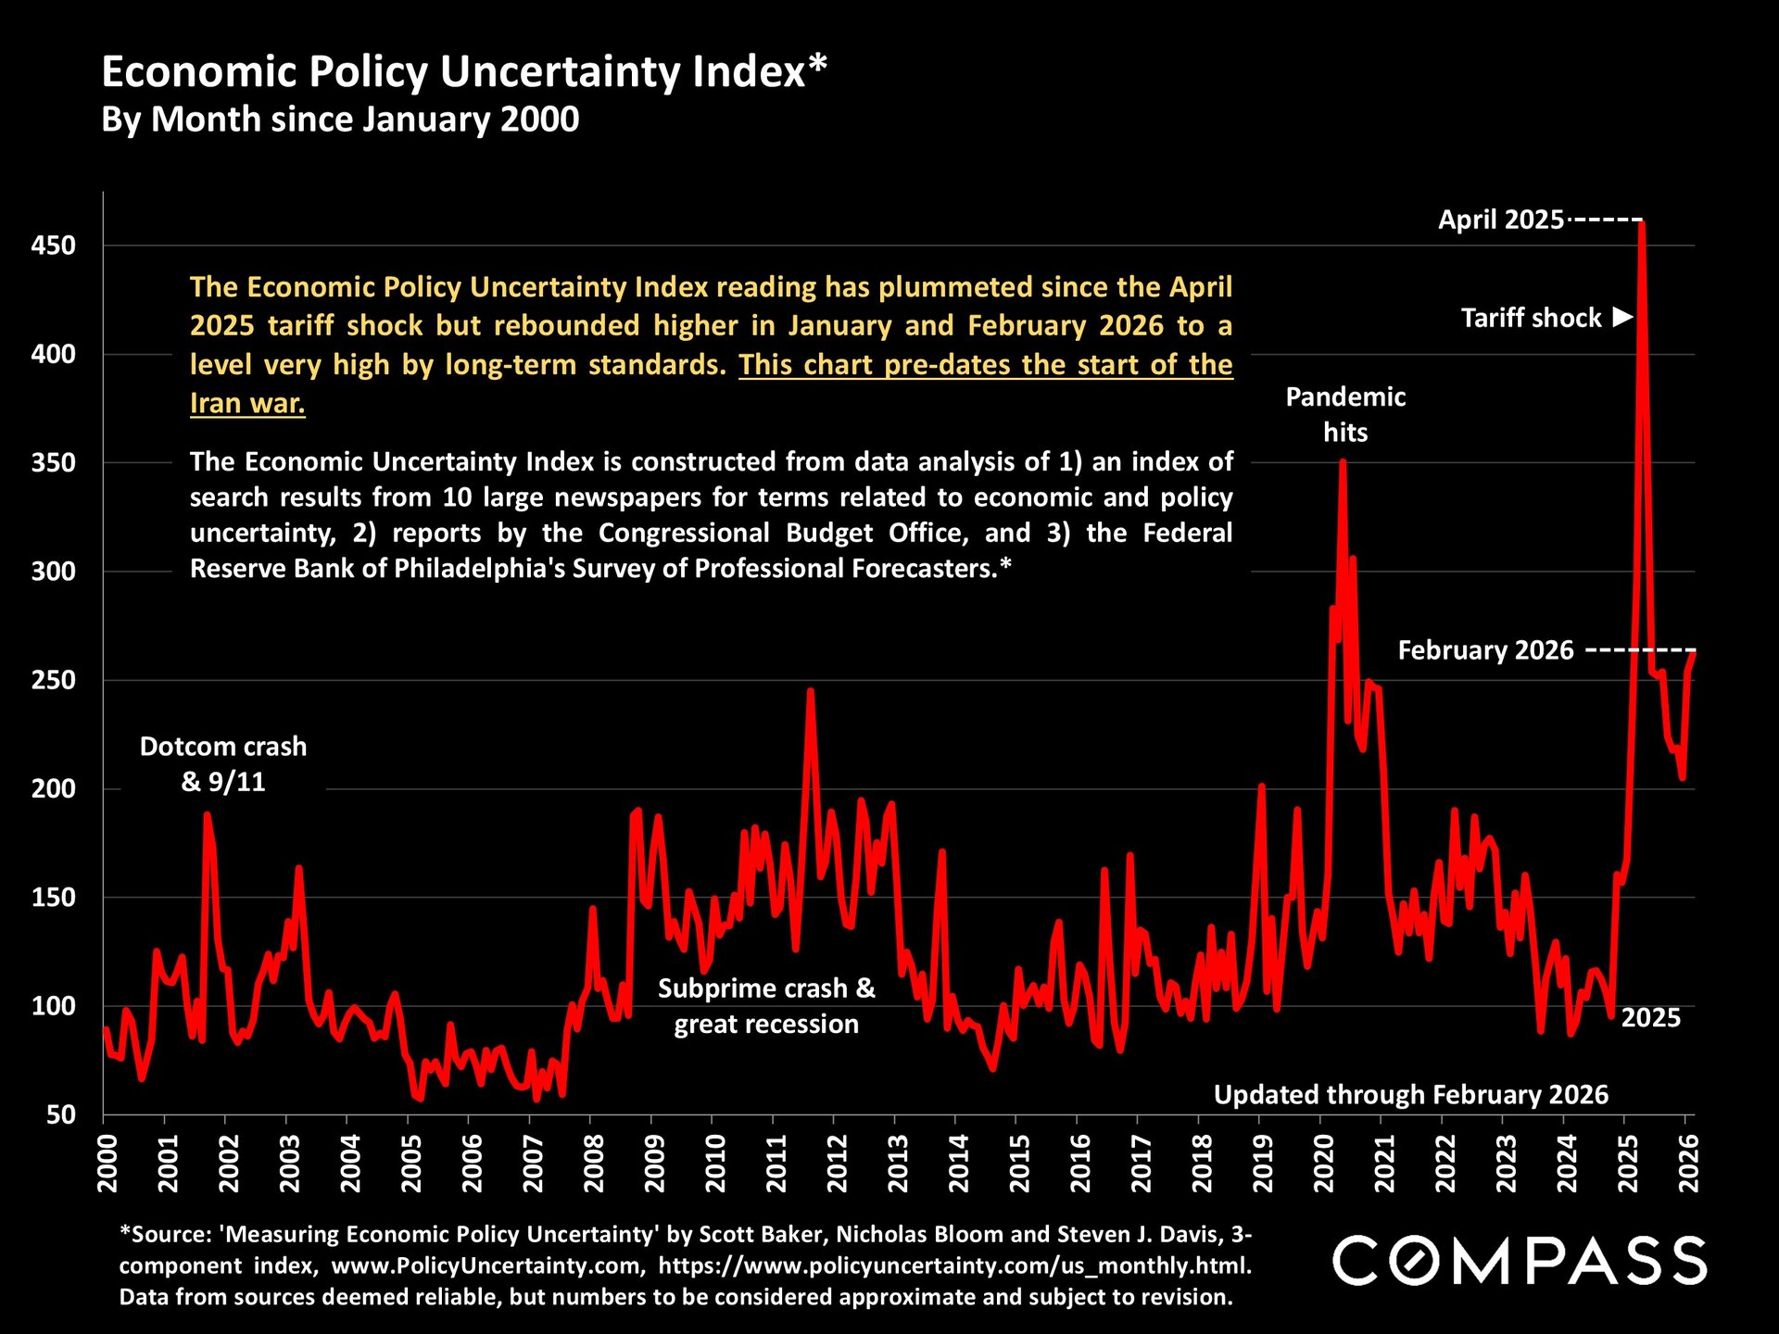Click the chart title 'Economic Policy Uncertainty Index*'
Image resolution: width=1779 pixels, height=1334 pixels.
[463, 71]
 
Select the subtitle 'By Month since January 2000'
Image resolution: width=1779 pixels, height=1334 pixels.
[340, 120]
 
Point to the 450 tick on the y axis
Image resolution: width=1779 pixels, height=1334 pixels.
[54, 245]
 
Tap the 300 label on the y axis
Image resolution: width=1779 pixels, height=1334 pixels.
[54, 571]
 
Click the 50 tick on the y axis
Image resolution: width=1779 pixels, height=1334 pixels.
[61, 1114]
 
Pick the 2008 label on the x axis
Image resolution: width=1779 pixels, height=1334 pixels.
[593, 1164]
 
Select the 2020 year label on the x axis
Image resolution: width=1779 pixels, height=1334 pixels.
[1323, 1164]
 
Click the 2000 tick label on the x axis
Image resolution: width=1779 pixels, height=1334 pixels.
[107, 1164]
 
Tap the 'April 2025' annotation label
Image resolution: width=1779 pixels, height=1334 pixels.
[1501, 220]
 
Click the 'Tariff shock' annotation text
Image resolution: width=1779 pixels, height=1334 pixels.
[1531, 318]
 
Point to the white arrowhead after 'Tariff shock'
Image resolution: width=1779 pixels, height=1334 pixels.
[1621, 317]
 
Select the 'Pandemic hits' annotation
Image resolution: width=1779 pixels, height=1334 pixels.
[1345, 414]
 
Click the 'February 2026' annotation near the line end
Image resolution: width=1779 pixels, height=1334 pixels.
[1485, 650]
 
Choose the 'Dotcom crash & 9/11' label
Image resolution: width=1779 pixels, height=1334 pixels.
[223, 763]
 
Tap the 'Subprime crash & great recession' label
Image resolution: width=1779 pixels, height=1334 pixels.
[766, 1006]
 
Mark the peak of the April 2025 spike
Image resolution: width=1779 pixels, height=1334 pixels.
[1642, 223]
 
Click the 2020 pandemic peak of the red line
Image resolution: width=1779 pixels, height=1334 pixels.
[1343, 461]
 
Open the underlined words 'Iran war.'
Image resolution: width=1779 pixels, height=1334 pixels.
[247, 403]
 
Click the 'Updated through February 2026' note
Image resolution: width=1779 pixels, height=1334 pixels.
[1410, 1094]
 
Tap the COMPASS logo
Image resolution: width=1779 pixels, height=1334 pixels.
[1520, 1261]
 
